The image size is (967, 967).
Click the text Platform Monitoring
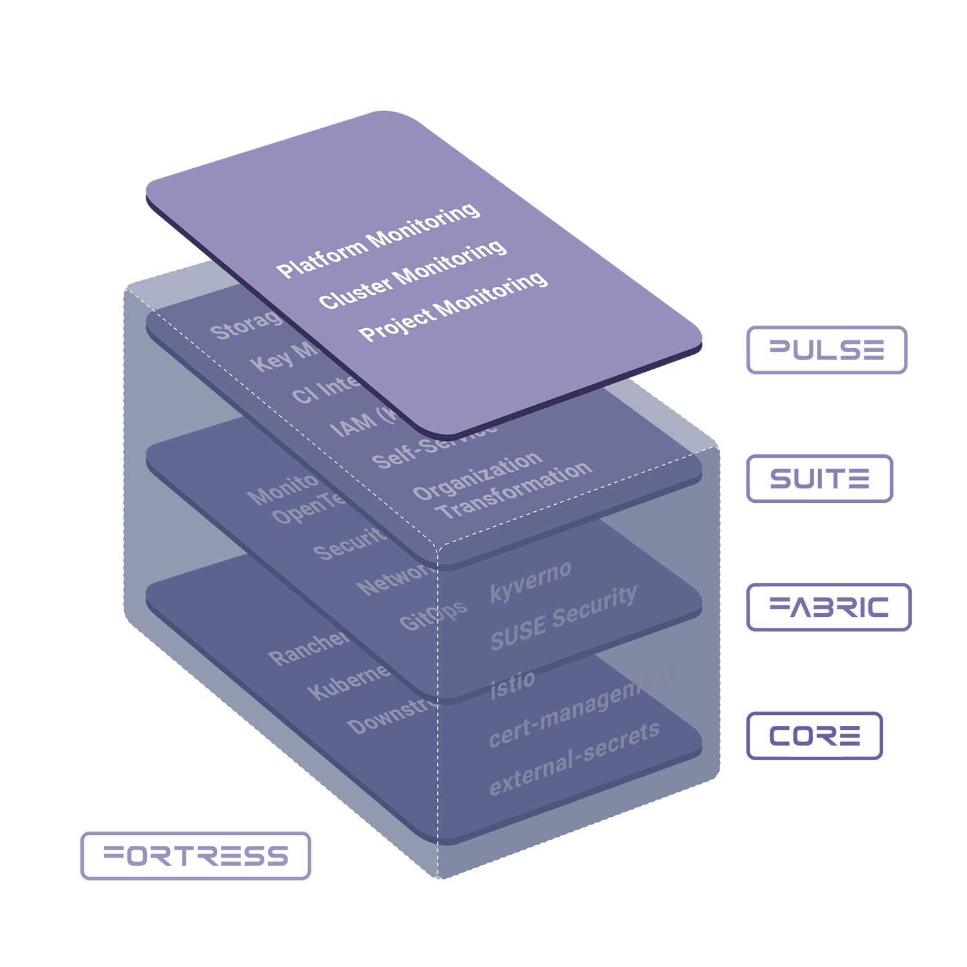click(378, 240)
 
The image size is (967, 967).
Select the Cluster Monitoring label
click(413, 275)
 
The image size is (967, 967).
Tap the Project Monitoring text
click(453, 307)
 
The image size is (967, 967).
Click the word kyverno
click(531, 582)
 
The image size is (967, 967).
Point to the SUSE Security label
click(563, 618)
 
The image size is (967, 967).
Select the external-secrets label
click(574, 759)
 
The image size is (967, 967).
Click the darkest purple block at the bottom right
click(825, 722)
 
